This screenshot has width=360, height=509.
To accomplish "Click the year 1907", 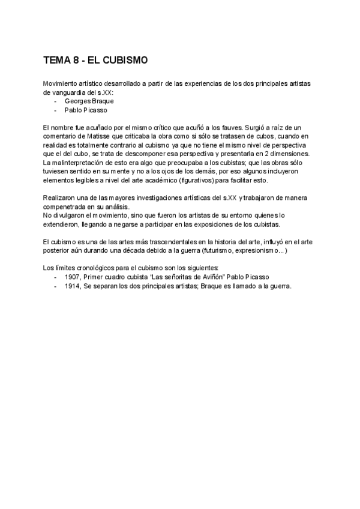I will click(x=73, y=277).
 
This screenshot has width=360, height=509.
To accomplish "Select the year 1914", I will click(x=73, y=286).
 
